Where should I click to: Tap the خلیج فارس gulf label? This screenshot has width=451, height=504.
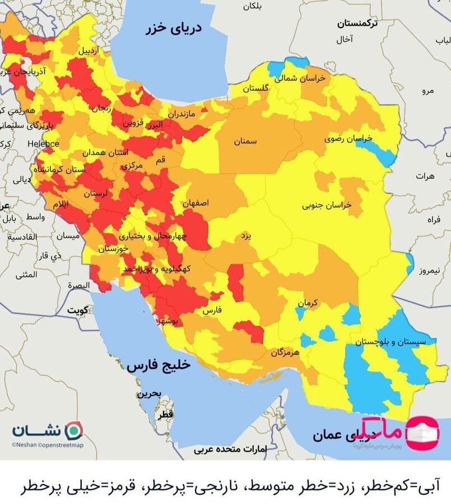[159, 365]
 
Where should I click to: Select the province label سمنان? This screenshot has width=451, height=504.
[245, 142]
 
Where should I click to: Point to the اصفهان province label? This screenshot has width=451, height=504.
[196, 204]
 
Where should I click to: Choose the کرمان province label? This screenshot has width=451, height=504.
[308, 303]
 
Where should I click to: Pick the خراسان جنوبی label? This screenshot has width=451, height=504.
[327, 206]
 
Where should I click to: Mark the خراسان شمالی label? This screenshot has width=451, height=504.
[304, 79]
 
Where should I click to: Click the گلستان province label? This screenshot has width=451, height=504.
[255, 88]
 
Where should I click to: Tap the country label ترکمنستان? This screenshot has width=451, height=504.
[357, 24]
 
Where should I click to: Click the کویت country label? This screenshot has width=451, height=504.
[78, 310]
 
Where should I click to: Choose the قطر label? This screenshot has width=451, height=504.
[166, 415]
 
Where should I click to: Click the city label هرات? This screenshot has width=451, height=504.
[425, 176]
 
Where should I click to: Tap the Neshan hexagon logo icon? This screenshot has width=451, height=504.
[74, 431]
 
